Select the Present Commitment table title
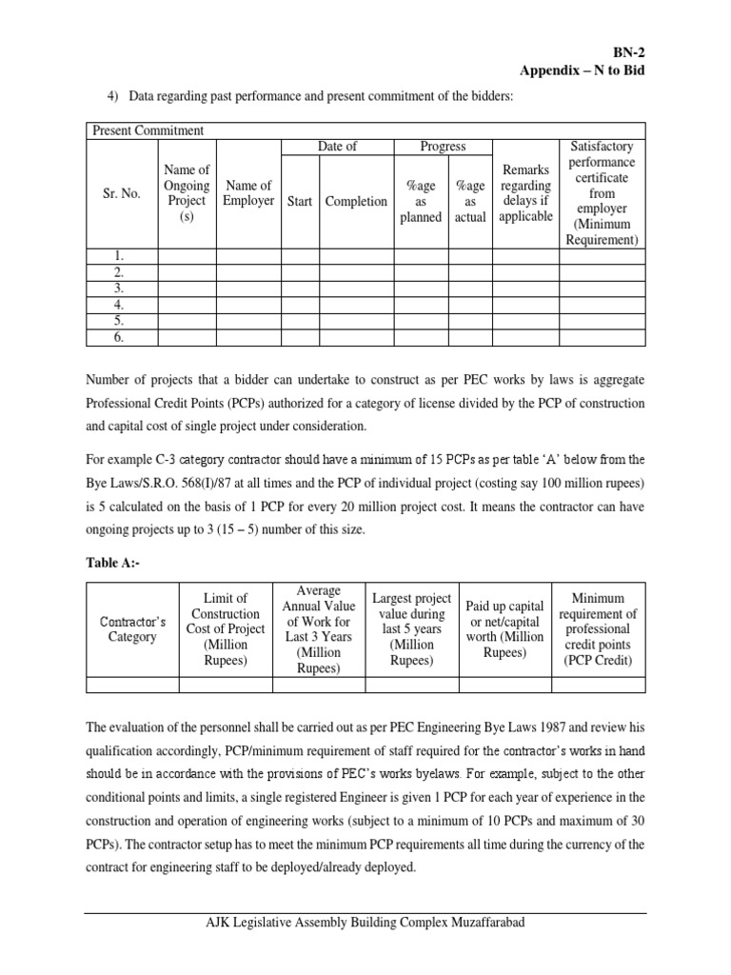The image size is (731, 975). [x=147, y=130]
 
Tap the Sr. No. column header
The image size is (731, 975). [x=122, y=193]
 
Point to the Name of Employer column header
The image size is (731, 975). [x=247, y=193]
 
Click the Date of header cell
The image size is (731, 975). [x=337, y=147]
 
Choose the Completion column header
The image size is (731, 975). [x=356, y=201]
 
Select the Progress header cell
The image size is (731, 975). [x=443, y=147]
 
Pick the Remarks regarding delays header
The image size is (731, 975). [x=525, y=193]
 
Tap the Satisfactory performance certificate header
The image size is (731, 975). [x=602, y=193]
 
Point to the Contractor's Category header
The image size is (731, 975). [x=133, y=629]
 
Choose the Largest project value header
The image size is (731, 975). [x=411, y=629]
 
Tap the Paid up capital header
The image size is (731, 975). [x=504, y=629]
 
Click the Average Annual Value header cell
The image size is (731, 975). [x=319, y=629]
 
